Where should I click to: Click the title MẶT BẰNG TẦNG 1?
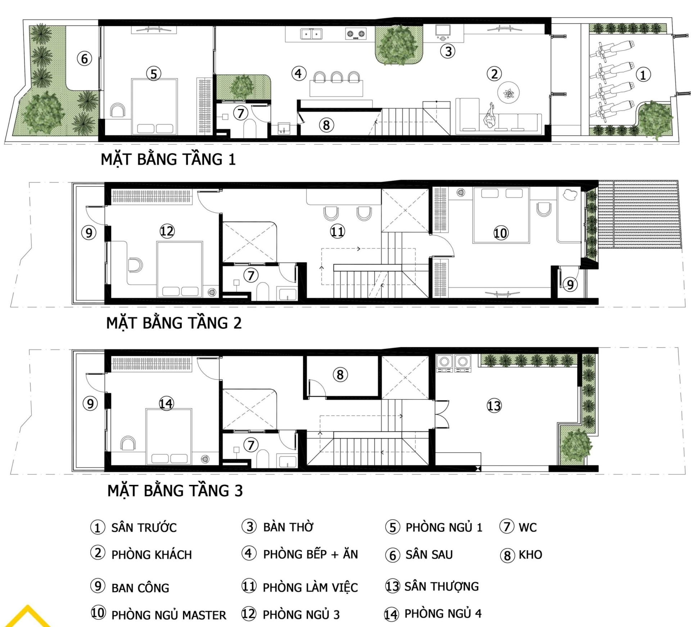click(x=168, y=159)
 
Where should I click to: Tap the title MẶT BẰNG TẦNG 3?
click(x=175, y=491)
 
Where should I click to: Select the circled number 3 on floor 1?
click(x=448, y=51)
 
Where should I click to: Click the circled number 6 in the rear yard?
click(x=84, y=59)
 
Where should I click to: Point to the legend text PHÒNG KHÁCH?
click(x=152, y=555)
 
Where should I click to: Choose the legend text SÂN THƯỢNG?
click(x=442, y=586)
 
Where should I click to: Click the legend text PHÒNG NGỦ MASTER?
click(x=169, y=615)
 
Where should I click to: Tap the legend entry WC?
click(x=527, y=527)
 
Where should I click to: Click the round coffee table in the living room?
click(x=508, y=93)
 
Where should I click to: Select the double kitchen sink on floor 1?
click(x=311, y=35)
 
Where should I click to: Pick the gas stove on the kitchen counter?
click(x=356, y=34)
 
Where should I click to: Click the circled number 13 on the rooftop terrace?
click(x=494, y=406)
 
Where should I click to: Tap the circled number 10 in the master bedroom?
click(x=500, y=233)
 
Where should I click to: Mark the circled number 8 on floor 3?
click(x=340, y=375)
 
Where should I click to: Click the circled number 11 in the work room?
click(x=337, y=231)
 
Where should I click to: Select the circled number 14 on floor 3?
click(x=166, y=403)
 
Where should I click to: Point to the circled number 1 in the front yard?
click(x=643, y=75)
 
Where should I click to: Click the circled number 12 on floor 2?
click(x=167, y=231)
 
